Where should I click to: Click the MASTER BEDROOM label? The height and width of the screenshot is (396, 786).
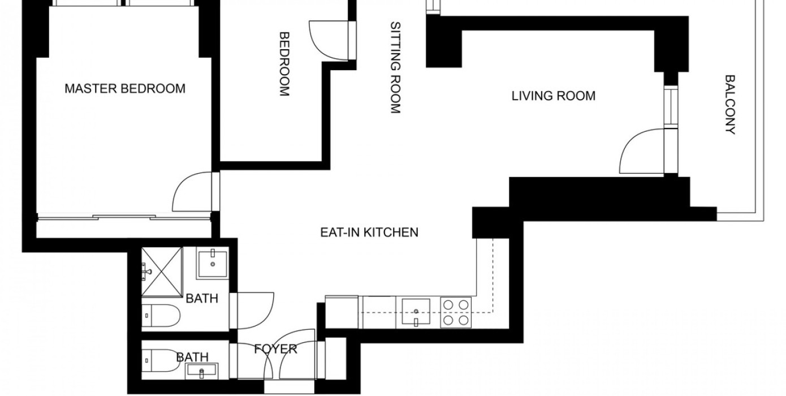pos(125,88)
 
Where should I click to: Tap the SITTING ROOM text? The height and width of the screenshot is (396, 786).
pos(395,68)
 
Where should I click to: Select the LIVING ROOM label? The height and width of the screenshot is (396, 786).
pos(554,96)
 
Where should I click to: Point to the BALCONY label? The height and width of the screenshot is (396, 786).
pos(730,105)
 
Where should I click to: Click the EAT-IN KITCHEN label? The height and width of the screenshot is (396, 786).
pos(369,233)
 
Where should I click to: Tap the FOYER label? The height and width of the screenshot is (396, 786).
pos(276,349)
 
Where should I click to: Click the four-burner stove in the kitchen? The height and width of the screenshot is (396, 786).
pos(456,312)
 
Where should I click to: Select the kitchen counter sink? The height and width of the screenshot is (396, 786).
pos(416,312)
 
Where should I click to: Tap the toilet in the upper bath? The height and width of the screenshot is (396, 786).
pos(161,316)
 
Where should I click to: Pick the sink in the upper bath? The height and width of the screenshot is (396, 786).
pos(212,263)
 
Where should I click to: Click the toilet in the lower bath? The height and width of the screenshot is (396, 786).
pos(161,360)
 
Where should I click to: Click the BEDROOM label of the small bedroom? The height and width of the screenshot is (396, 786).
pos(284,64)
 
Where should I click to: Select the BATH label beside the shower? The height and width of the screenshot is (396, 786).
pos(202,298)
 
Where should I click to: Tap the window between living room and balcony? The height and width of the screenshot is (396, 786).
pos(671,107)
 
